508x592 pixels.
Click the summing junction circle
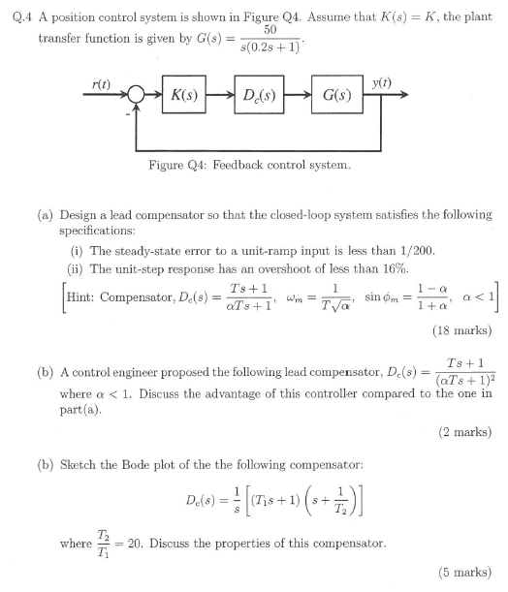135,96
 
